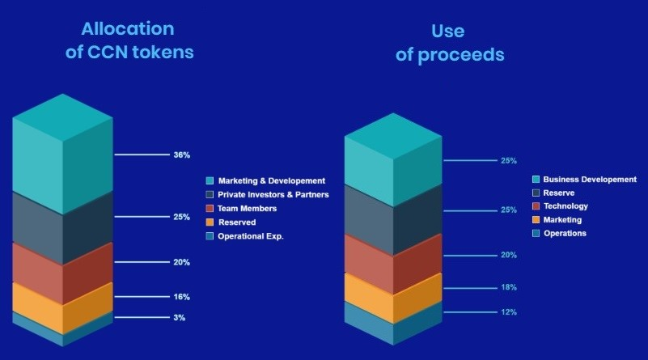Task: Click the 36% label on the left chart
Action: [x=182, y=155]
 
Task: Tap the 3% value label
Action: [x=180, y=317]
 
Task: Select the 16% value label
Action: [x=182, y=297]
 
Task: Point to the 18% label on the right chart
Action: [x=509, y=287]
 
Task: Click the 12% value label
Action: [x=509, y=312]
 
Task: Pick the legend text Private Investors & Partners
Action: [x=273, y=195]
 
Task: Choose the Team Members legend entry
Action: [x=247, y=208]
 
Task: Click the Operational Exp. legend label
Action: [x=251, y=236]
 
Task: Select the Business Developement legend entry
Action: [x=590, y=180]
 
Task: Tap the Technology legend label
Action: [x=565, y=206]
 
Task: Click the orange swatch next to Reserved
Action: [x=210, y=222]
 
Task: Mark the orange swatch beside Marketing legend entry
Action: [x=536, y=220]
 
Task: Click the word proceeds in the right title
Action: [x=461, y=55]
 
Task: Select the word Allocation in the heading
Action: [x=128, y=28]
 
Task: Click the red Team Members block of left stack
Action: [x=63, y=273]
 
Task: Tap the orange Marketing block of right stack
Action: [x=393, y=299]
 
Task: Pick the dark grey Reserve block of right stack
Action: [x=393, y=220]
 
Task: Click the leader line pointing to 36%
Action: [x=142, y=155]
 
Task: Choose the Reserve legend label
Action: [x=559, y=193]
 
